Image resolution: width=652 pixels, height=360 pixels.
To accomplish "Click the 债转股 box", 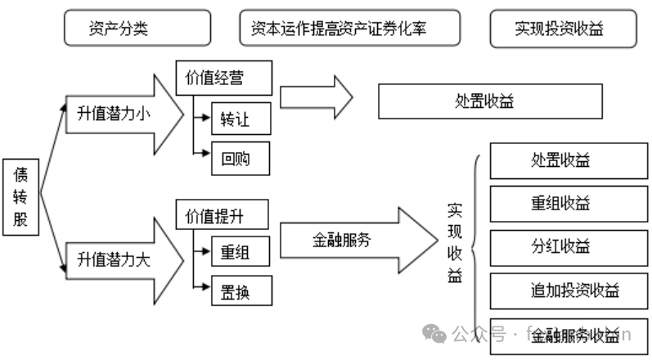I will tap(21, 197).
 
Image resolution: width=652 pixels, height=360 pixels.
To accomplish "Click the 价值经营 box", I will tap(215, 79).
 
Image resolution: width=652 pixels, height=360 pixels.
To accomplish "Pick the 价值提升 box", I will tap(215, 217).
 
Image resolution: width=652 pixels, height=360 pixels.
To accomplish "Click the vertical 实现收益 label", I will tap(455, 242).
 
